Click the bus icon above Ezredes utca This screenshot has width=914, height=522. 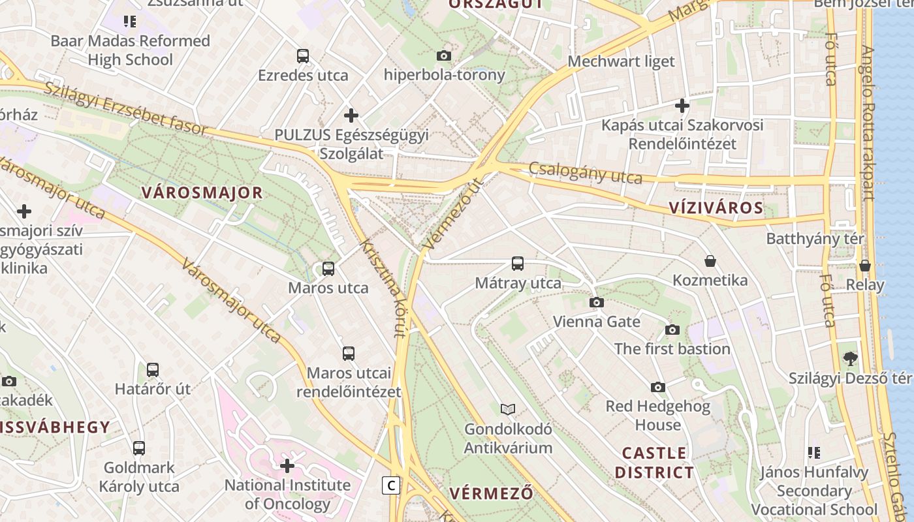click(303, 56)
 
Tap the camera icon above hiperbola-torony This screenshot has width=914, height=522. click(444, 56)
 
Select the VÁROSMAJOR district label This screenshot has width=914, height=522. click(202, 193)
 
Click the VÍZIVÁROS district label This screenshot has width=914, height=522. click(716, 208)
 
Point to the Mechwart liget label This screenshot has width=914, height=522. click(621, 61)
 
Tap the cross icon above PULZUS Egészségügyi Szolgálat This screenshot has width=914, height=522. click(351, 116)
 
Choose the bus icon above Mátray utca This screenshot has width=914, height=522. click(518, 264)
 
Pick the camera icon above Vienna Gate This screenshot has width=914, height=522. click(597, 302)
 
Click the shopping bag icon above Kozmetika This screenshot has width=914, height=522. click(710, 262)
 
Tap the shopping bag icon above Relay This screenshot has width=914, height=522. click(865, 266)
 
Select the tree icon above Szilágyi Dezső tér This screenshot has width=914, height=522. click(850, 358)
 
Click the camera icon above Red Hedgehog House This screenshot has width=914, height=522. click(658, 387)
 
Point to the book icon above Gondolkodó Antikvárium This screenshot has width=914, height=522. click(508, 410)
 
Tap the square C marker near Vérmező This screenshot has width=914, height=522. click(391, 485)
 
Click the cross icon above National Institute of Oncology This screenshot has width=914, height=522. click(287, 466)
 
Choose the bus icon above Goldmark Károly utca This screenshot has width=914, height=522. click(139, 448)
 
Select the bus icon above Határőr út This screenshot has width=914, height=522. click(153, 370)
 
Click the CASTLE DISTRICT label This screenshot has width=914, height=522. click(654, 463)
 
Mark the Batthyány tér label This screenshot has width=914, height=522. click(815, 239)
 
